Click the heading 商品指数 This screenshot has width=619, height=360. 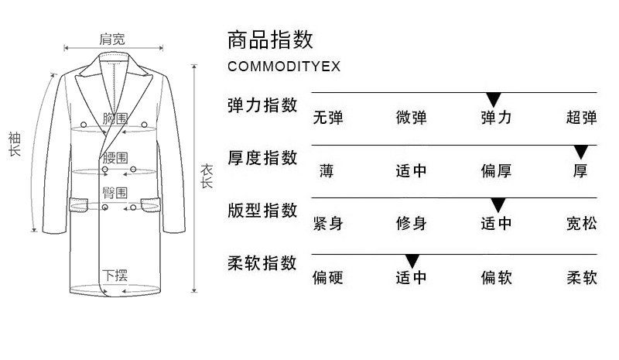tap(270, 38)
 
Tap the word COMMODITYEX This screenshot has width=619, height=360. tap(284, 67)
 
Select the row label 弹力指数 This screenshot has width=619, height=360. tap(262, 105)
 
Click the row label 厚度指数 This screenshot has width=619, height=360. tap(262, 158)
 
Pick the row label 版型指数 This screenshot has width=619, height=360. tap(262, 211)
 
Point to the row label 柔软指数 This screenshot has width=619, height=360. tap(262, 263)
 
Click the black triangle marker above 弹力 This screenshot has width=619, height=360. tap(494, 99)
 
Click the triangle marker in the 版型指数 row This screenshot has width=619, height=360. tap(498, 205)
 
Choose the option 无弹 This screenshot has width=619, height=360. tap(328, 118)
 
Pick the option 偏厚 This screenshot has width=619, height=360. tap(496, 171)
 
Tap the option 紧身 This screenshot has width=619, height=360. tap(328, 225)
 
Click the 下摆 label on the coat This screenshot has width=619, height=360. tap(115, 274)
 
